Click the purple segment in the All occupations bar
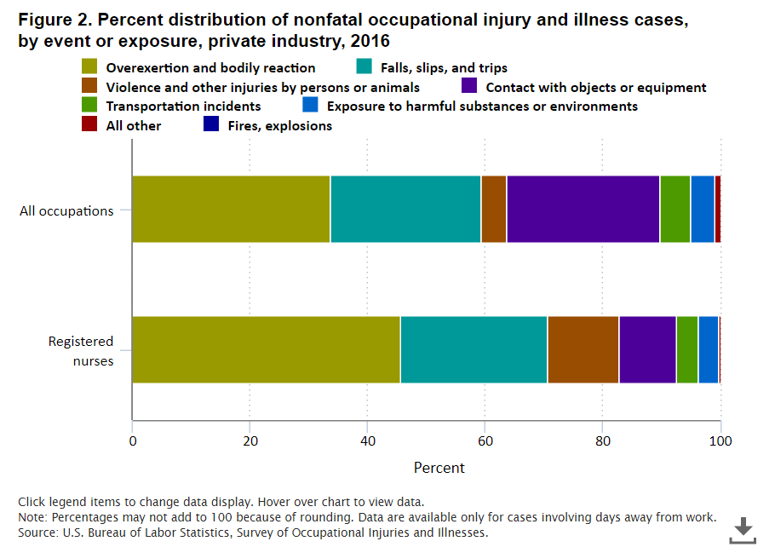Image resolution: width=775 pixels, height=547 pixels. [x=583, y=210]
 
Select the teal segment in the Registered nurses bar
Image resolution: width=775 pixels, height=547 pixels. [x=474, y=349]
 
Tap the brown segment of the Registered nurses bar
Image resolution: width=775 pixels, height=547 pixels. [x=583, y=349]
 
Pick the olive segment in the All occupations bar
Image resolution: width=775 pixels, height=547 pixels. [x=231, y=210]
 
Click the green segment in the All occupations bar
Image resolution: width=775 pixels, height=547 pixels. [x=675, y=210]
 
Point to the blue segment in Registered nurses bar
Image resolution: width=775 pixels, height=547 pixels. [x=708, y=349]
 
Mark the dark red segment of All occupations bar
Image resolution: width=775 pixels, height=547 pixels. [x=718, y=210]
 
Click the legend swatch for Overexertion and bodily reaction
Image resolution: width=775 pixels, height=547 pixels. [x=89, y=67]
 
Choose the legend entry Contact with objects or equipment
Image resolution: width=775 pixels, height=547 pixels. [x=595, y=87]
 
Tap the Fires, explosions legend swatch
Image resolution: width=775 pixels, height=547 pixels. [x=211, y=125]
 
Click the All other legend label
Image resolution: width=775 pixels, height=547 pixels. [x=134, y=125]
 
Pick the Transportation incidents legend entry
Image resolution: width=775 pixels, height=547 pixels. [x=183, y=107]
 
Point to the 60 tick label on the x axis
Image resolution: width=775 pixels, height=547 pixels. [x=485, y=440]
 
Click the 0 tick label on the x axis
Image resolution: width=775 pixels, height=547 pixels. [x=132, y=440]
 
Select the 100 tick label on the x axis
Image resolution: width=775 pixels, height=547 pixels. [x=720, y=440]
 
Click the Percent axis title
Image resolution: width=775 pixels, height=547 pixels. [x=439, y=468]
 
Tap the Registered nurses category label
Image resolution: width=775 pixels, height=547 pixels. [x=80, y=349]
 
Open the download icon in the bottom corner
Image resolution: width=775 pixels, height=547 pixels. [x=743, y=528]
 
